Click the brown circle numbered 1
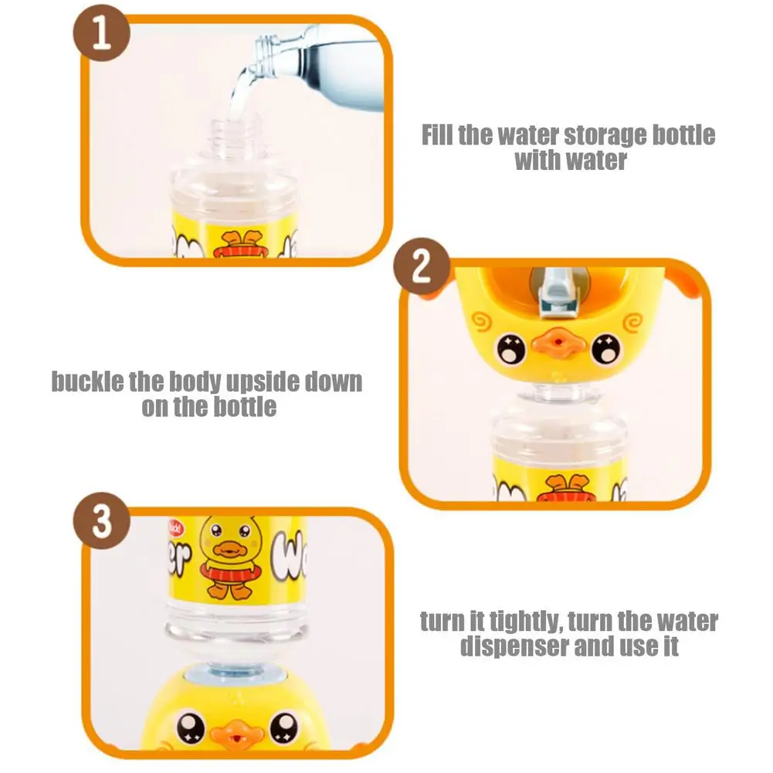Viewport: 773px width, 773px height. [x=102, y=36]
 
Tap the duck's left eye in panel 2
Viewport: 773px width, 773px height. [x=510, y=350]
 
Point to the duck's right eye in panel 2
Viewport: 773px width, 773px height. [x=603, y=350]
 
